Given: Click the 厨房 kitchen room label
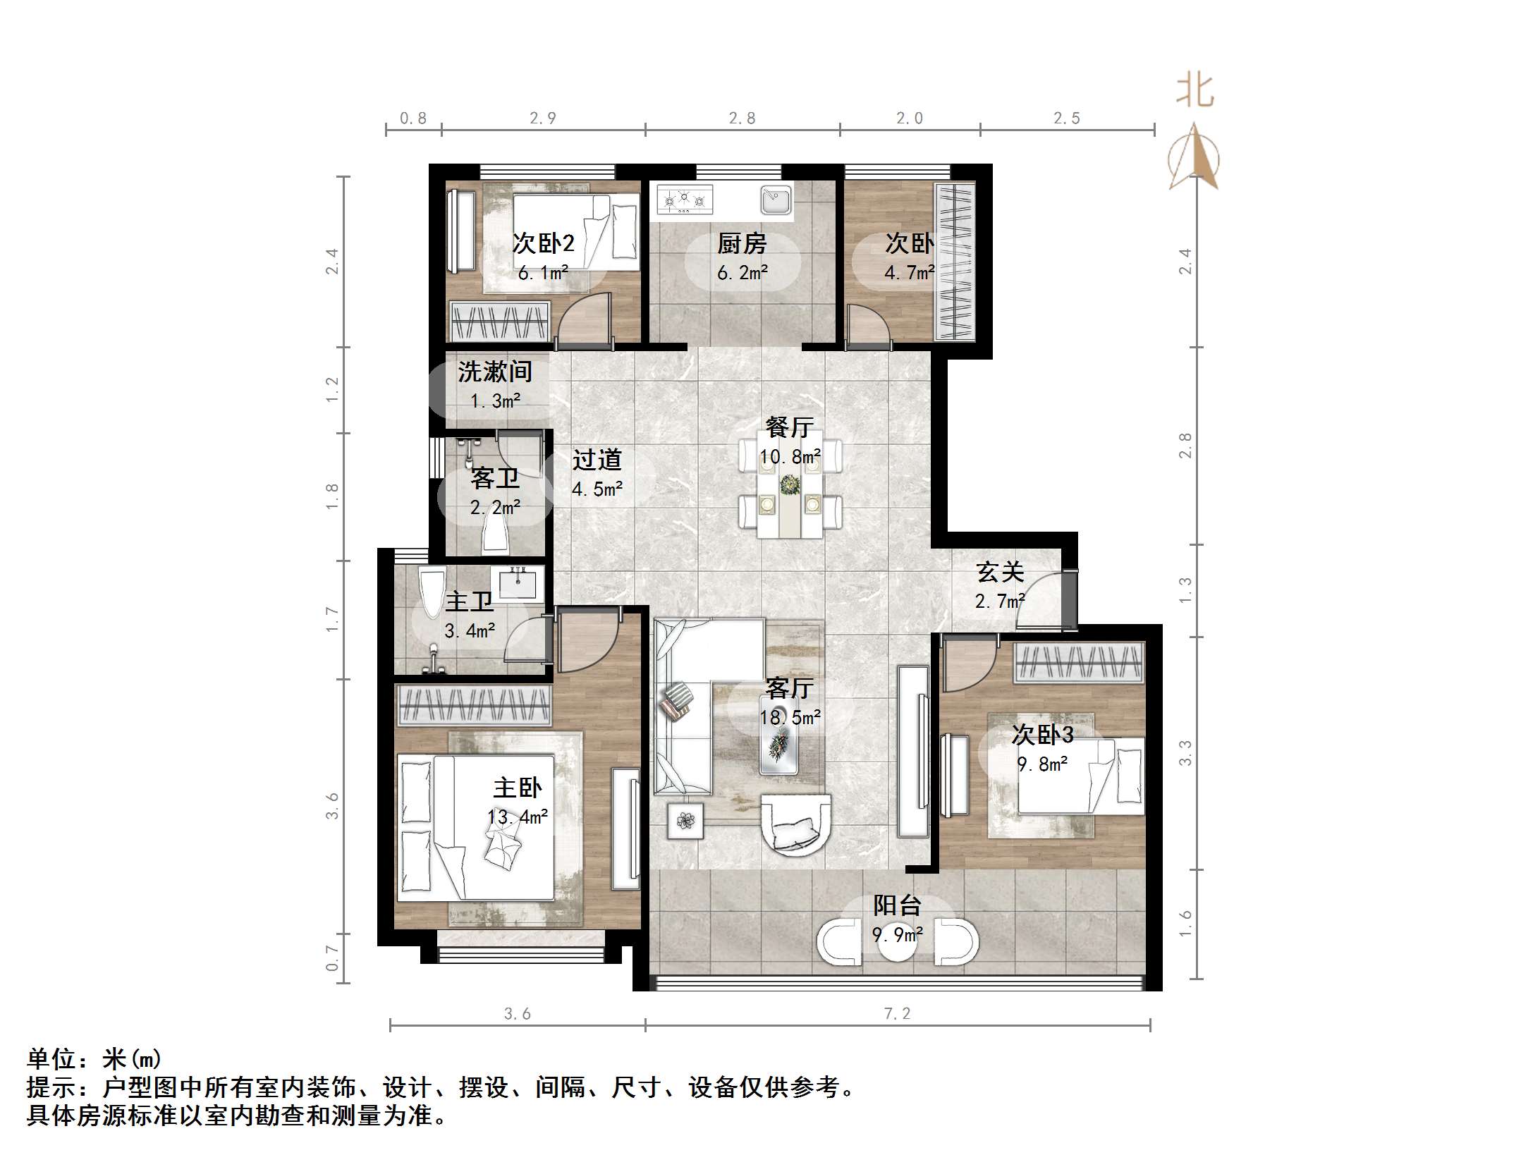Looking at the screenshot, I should point(742,244).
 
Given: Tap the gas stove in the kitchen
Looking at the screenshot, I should point(685,200).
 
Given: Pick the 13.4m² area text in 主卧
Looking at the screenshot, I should point(518,817).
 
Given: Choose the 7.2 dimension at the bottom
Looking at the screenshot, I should point(897,1014).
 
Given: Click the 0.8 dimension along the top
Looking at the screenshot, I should point(413,118).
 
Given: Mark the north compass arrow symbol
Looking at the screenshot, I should point(1194,157).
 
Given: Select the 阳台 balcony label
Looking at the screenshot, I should point(897,905).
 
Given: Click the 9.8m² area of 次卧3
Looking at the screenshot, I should point(1042,764).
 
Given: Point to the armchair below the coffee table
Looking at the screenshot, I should point(797,824).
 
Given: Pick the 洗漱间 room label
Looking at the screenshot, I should point(495,372).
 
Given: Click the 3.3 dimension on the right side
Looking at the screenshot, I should point(1185,752).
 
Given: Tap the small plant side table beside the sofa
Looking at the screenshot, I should point(685,821).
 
